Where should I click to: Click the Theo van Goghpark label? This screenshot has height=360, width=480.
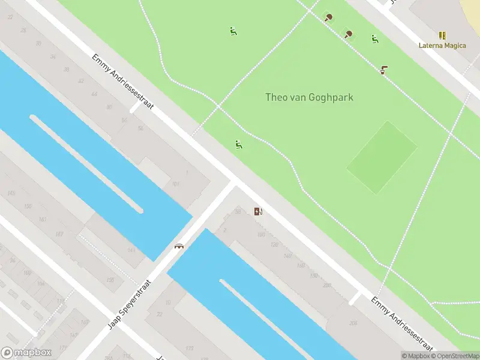[309, 97]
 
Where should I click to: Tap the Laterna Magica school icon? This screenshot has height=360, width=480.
[442, 35]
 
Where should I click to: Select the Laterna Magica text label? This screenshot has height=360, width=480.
[442, 46]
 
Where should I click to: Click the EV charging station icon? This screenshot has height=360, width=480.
[258, 211]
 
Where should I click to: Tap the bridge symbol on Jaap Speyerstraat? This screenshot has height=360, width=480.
[179, 245]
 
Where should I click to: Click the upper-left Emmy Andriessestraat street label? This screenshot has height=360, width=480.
[123, 82]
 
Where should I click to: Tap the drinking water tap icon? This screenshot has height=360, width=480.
[383, 70]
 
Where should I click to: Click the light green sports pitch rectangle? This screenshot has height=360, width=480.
[382, 157]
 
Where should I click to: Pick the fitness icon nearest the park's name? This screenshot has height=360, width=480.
[239, 144]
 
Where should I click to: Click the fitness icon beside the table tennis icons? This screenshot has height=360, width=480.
[374, 39]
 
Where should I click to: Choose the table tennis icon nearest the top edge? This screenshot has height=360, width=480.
[328, 17]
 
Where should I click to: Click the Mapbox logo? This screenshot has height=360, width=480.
[26, 353]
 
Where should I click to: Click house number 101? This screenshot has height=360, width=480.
[175, 184]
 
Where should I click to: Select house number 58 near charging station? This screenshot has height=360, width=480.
[238, 211]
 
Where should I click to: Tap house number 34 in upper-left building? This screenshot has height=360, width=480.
[52, 57]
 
